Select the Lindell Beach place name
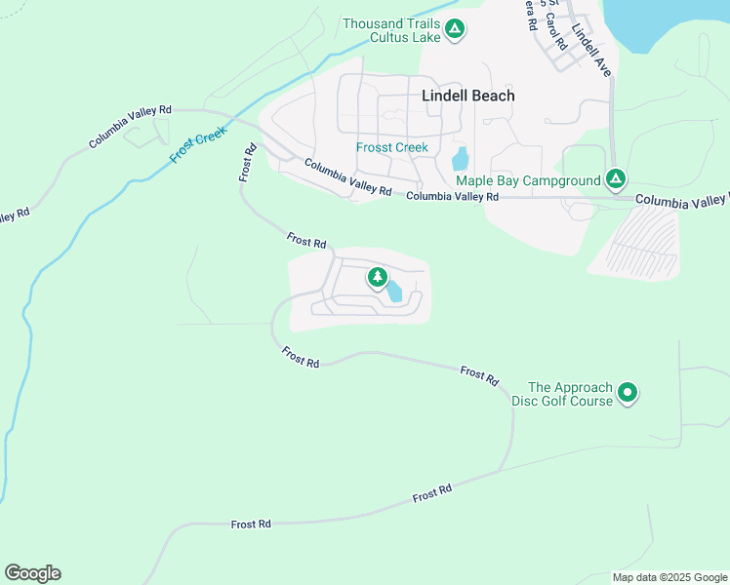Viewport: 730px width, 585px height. coord(467,96)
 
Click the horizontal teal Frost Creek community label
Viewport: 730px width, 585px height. coord(391,147)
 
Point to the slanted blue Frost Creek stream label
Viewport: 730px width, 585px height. coord(197,146)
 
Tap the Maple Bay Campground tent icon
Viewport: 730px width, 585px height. coord(616,179)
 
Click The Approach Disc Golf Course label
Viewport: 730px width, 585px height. coord(570,394)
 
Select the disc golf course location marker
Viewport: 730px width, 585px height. coord(629,393)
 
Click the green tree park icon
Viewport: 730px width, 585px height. coord(377,279)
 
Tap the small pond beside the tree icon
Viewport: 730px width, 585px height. coord(394,291)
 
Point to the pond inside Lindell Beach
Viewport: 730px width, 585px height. coord(461,158)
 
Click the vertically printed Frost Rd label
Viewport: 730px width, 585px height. coord(248,162)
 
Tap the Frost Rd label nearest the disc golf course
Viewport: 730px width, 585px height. coord(479,374)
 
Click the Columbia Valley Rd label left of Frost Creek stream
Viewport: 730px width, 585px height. coord(130,127)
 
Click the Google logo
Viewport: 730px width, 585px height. coord(32,573)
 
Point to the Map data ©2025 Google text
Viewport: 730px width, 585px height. coord(669,577)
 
